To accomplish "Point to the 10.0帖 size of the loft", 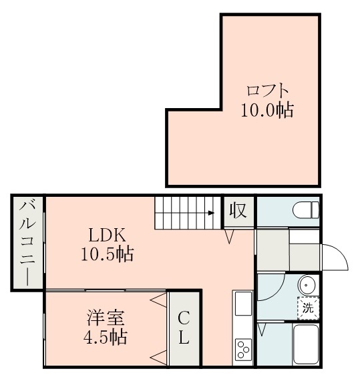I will pos(267,110).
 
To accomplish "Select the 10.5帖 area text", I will pos(107,254).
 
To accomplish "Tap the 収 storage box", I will pos(238,212).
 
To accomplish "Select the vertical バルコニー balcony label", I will pos(27,244).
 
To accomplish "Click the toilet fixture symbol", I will pos(306,212).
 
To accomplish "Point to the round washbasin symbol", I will pos(307,286).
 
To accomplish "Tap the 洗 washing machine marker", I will pos(308,308).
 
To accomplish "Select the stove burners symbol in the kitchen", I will pos(242,349).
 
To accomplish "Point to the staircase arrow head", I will pos(211,214).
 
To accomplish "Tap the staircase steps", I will pos(184,214).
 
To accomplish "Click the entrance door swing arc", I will pos(337,257).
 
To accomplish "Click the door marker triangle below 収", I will pos(228,236).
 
